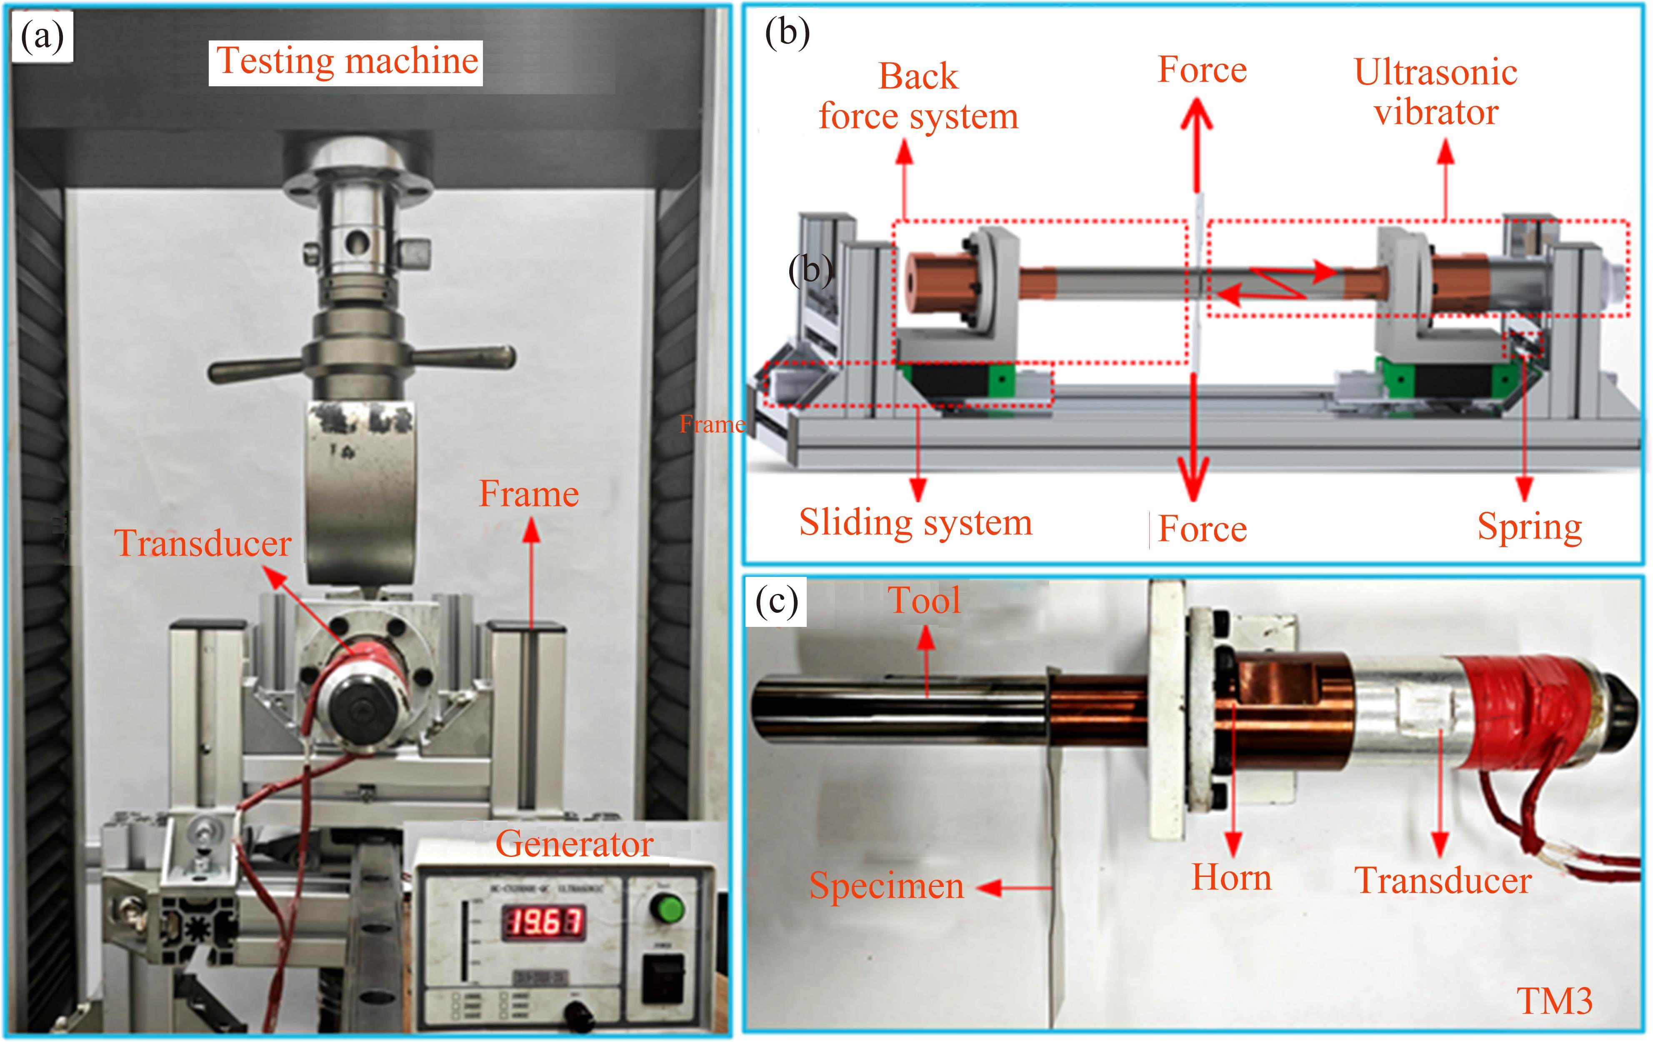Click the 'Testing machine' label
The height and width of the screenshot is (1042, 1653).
tap(347, 62)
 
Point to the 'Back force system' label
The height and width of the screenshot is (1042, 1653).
tap(918, 96)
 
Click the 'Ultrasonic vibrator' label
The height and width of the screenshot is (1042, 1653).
tap(1435, 92)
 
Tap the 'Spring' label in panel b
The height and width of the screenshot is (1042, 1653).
tap(1529, 527)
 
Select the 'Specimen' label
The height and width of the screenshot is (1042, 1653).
tap(886, 886)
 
